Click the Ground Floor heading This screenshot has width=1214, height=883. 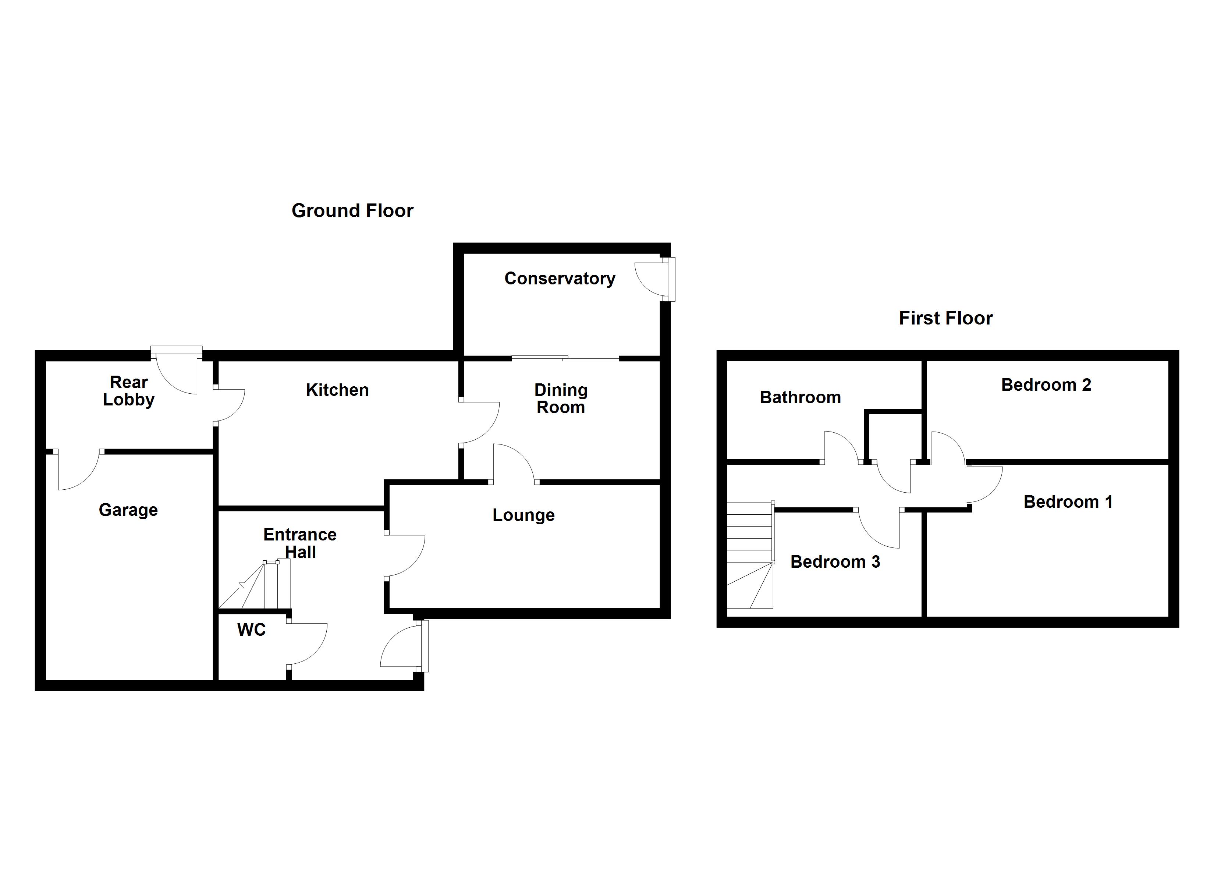352,211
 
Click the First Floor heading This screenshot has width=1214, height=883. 945,319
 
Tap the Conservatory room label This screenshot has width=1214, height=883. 560,279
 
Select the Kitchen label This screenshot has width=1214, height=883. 337,390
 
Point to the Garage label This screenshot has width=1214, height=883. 128,510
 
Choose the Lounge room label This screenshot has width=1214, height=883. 523,515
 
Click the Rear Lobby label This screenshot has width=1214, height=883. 128,391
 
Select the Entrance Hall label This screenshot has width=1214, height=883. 300,543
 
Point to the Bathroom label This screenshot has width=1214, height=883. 800,397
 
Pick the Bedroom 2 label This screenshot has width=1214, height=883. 1046,384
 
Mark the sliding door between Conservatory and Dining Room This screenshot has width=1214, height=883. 565,358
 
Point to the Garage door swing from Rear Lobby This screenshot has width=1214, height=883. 78,470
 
